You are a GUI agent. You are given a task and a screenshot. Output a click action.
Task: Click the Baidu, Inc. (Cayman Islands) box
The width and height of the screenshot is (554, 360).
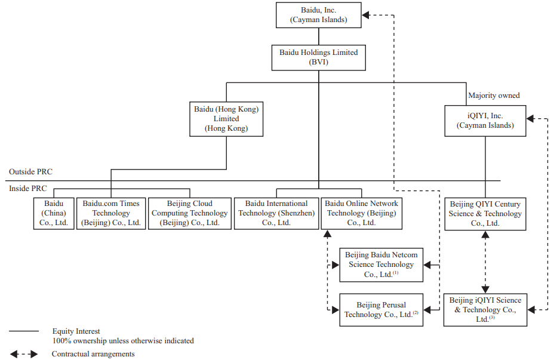[x=319, y=15]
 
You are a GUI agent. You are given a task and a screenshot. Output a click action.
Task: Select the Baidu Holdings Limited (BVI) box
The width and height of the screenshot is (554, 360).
[x=318, y=57]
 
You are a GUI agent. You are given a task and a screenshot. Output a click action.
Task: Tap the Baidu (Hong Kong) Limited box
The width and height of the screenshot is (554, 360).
[x=226, y=119]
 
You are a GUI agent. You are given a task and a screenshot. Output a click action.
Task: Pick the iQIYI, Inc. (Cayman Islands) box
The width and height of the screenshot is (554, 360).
[x=485, y=121]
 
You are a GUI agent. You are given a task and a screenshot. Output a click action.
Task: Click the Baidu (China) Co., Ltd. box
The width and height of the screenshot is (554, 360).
[x=54, y=213]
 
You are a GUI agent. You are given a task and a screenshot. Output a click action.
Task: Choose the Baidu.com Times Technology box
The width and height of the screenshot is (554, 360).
[x=111, y=213]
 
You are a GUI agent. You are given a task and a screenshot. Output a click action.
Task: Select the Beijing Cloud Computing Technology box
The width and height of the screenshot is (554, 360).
[x=189, y=213]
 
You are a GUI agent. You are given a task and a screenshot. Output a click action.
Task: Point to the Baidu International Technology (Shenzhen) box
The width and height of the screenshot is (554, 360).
[x=276, y=213]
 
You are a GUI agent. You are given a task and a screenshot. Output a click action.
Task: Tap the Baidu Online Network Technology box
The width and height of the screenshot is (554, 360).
[x=361, y=213]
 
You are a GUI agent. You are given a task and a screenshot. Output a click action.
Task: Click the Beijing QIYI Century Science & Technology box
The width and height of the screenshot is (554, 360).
[x=485, y=214]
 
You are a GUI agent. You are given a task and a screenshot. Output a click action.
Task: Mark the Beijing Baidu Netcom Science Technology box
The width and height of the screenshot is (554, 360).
[x=381, y=264]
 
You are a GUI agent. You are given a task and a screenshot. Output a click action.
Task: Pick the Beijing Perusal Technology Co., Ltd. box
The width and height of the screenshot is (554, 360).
[x=381, y=309]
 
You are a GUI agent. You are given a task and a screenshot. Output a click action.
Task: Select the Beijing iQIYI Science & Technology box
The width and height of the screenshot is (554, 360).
[x=485, y=309]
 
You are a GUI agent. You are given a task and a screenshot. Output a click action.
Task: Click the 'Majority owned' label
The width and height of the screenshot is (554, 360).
[x=494, y=96]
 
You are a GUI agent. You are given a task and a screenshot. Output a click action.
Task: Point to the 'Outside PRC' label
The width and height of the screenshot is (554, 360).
[x=30, y=172]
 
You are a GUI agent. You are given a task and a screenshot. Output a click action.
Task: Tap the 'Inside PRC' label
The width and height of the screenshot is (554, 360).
[x=28, y=189]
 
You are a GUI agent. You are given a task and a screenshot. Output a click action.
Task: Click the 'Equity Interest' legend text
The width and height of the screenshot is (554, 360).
[x=76, y=331]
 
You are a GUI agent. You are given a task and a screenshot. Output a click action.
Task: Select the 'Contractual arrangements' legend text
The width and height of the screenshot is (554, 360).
[x=93, y=354]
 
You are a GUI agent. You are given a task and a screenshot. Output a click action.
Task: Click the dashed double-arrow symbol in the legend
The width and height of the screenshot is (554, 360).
[x=24, y=354]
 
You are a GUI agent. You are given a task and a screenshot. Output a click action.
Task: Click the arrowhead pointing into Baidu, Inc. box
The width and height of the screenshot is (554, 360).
[x=367, y=15]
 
